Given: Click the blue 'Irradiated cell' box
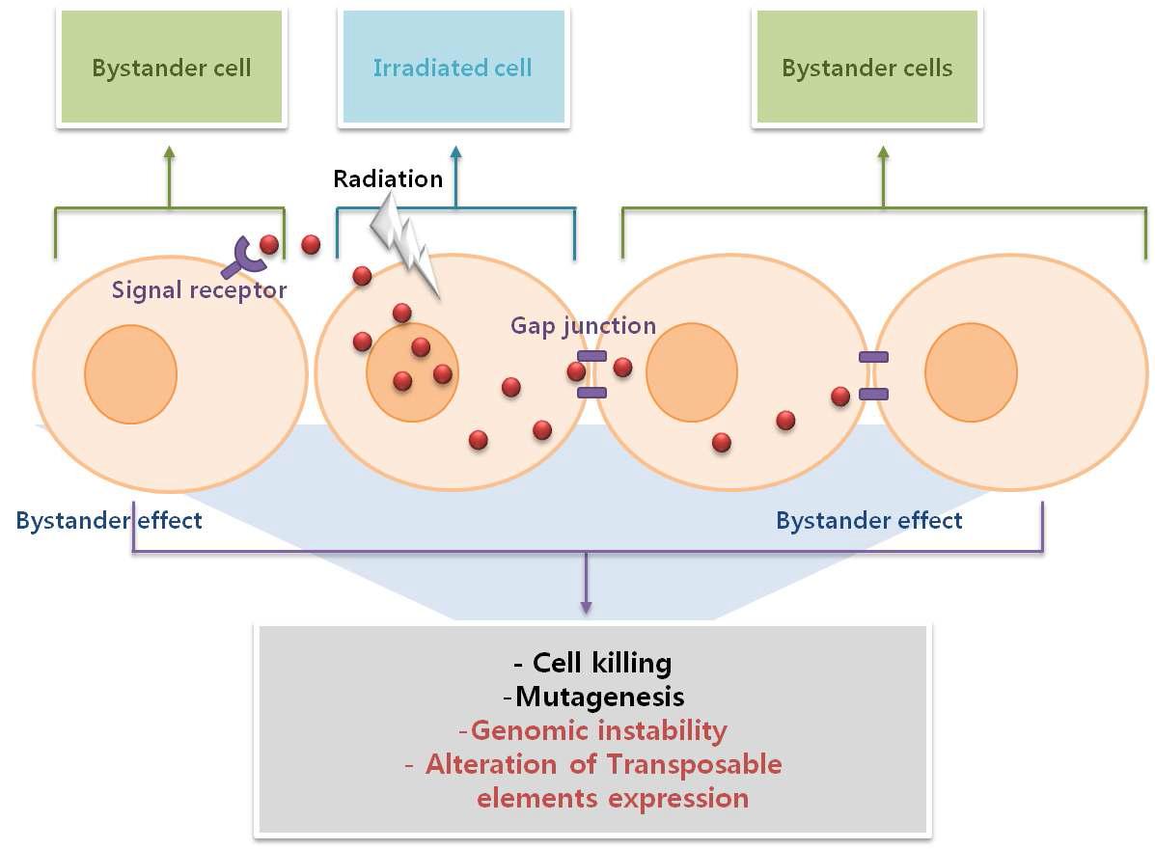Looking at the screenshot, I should pyautogui.click(x=453, y=68).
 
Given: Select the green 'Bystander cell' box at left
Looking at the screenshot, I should pyautogui.click(x=171, y=68).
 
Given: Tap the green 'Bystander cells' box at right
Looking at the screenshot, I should pyautogui.click(x=866, y=68).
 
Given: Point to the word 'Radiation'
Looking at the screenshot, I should pyautogui.click(x=388, y=178).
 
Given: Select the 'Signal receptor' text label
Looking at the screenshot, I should pyautogui.click(x=199, y=289).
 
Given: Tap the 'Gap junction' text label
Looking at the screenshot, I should pyautogui.click(x=583, y=326).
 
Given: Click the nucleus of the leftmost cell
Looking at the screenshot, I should pyautogui.click(x=130, y=374).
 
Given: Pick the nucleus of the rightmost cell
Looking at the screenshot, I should pyautogui.click(x=971, y=372).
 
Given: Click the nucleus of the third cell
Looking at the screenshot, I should pyautogui.click(x=691, y=372).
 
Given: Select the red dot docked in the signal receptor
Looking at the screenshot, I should pyautogui.click(x=269, y=245).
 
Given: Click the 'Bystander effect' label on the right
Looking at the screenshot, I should pyautogui.click(x=868, y=521).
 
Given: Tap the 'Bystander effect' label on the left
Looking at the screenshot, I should pyautogui.click(x=109, y=521).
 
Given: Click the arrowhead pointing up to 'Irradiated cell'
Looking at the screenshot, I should pyautogui.click(x=455, y=151).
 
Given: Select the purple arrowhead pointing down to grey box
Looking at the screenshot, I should pyautogui.click(x=585, y=606).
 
